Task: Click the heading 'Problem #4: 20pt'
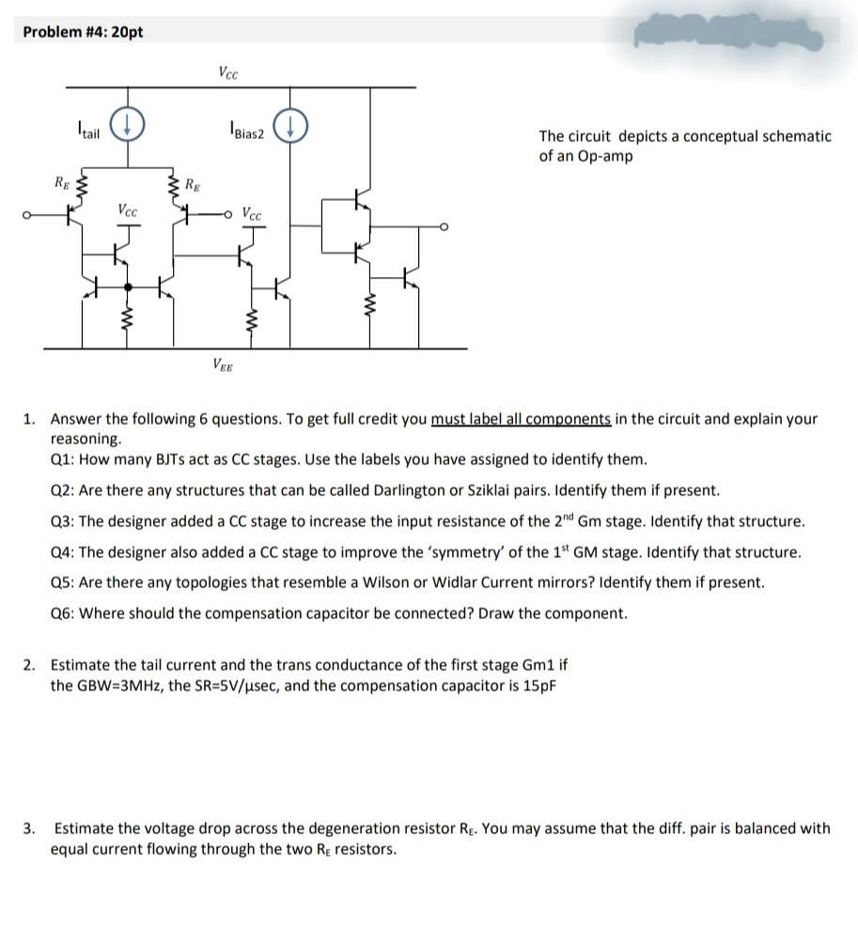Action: (83, 32)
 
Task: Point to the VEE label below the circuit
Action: (225, 365)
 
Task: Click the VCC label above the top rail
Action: (228, 70)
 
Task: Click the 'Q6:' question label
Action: (63, 613)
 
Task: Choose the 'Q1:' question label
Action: (63, 459)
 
